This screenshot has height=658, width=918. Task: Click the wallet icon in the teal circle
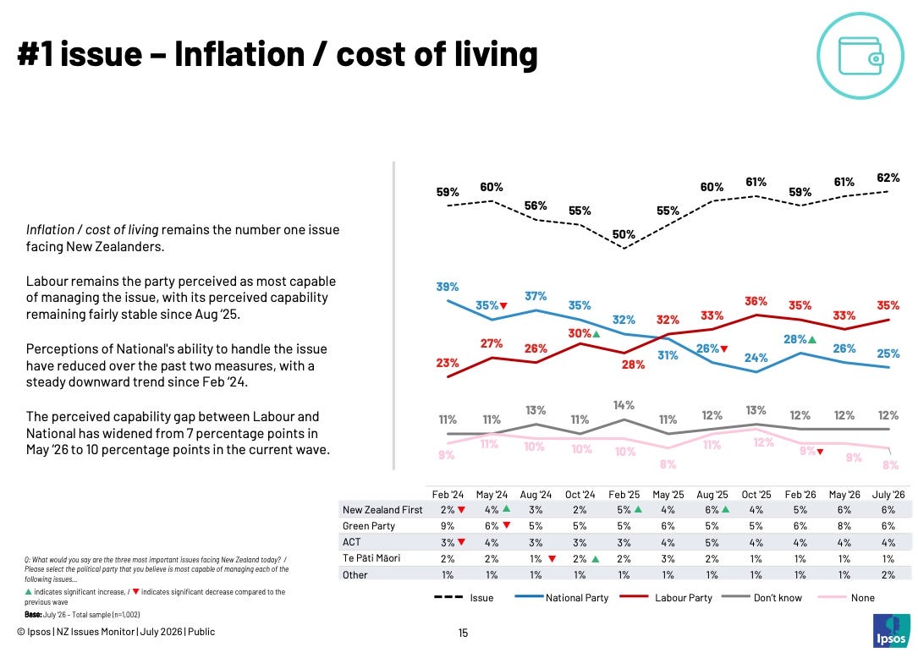tap(860, 56)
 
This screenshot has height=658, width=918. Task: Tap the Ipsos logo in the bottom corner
tap(891, 630)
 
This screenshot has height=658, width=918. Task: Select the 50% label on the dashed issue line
tap(624, 234)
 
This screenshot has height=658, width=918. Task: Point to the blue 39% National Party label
tap(448, 286)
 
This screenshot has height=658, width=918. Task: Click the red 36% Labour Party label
tap(756, 301)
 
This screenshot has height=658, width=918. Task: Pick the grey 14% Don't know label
tap(624, 405)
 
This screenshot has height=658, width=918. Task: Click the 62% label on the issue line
tap(888, 178)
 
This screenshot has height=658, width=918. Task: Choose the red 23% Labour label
tap(448, 362)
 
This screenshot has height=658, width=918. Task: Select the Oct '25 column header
tap(756, 494)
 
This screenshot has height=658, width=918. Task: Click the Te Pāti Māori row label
tap(371, 558)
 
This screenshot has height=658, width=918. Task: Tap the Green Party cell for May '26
tap(844, 526)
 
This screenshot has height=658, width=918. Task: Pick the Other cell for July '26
tap(888, 575)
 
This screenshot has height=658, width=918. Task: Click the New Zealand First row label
tap(382, 510)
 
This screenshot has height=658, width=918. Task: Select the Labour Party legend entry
tap(666, 598)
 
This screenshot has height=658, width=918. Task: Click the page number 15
tap(463, 633)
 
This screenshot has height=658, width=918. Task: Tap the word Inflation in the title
tap(239, 54)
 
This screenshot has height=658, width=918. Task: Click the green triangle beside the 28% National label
tap(812, 339)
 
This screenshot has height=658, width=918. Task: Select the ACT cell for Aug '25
tap(712, 542)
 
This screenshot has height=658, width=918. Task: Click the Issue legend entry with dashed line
tap(464, 598)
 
